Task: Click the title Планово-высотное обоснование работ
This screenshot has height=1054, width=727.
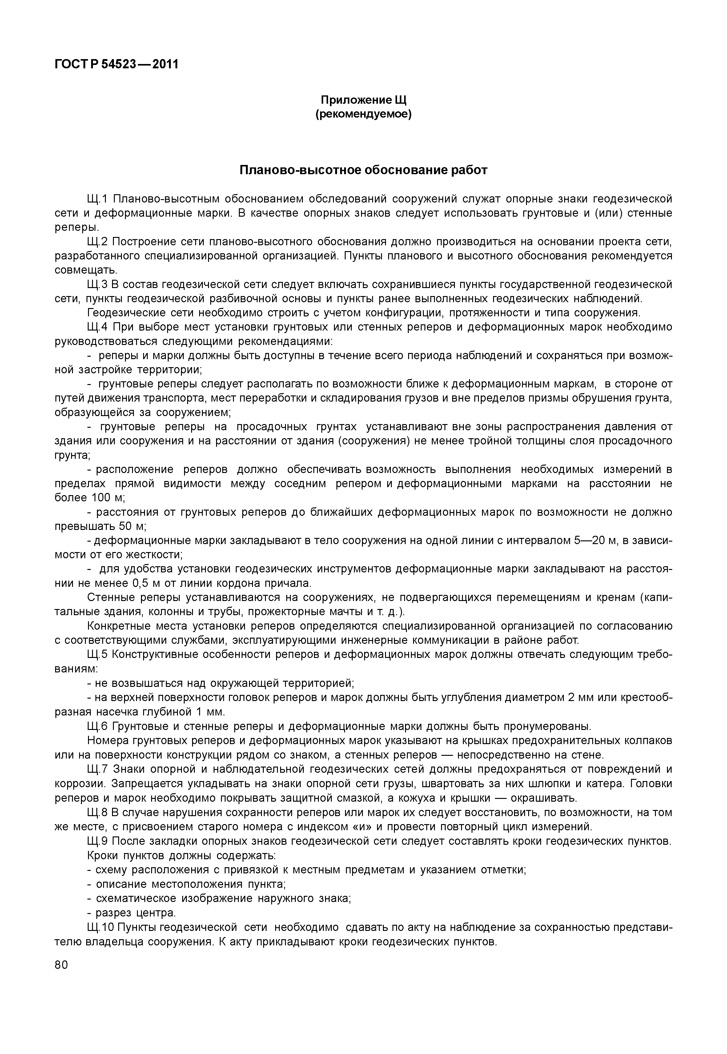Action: (363, 170)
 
